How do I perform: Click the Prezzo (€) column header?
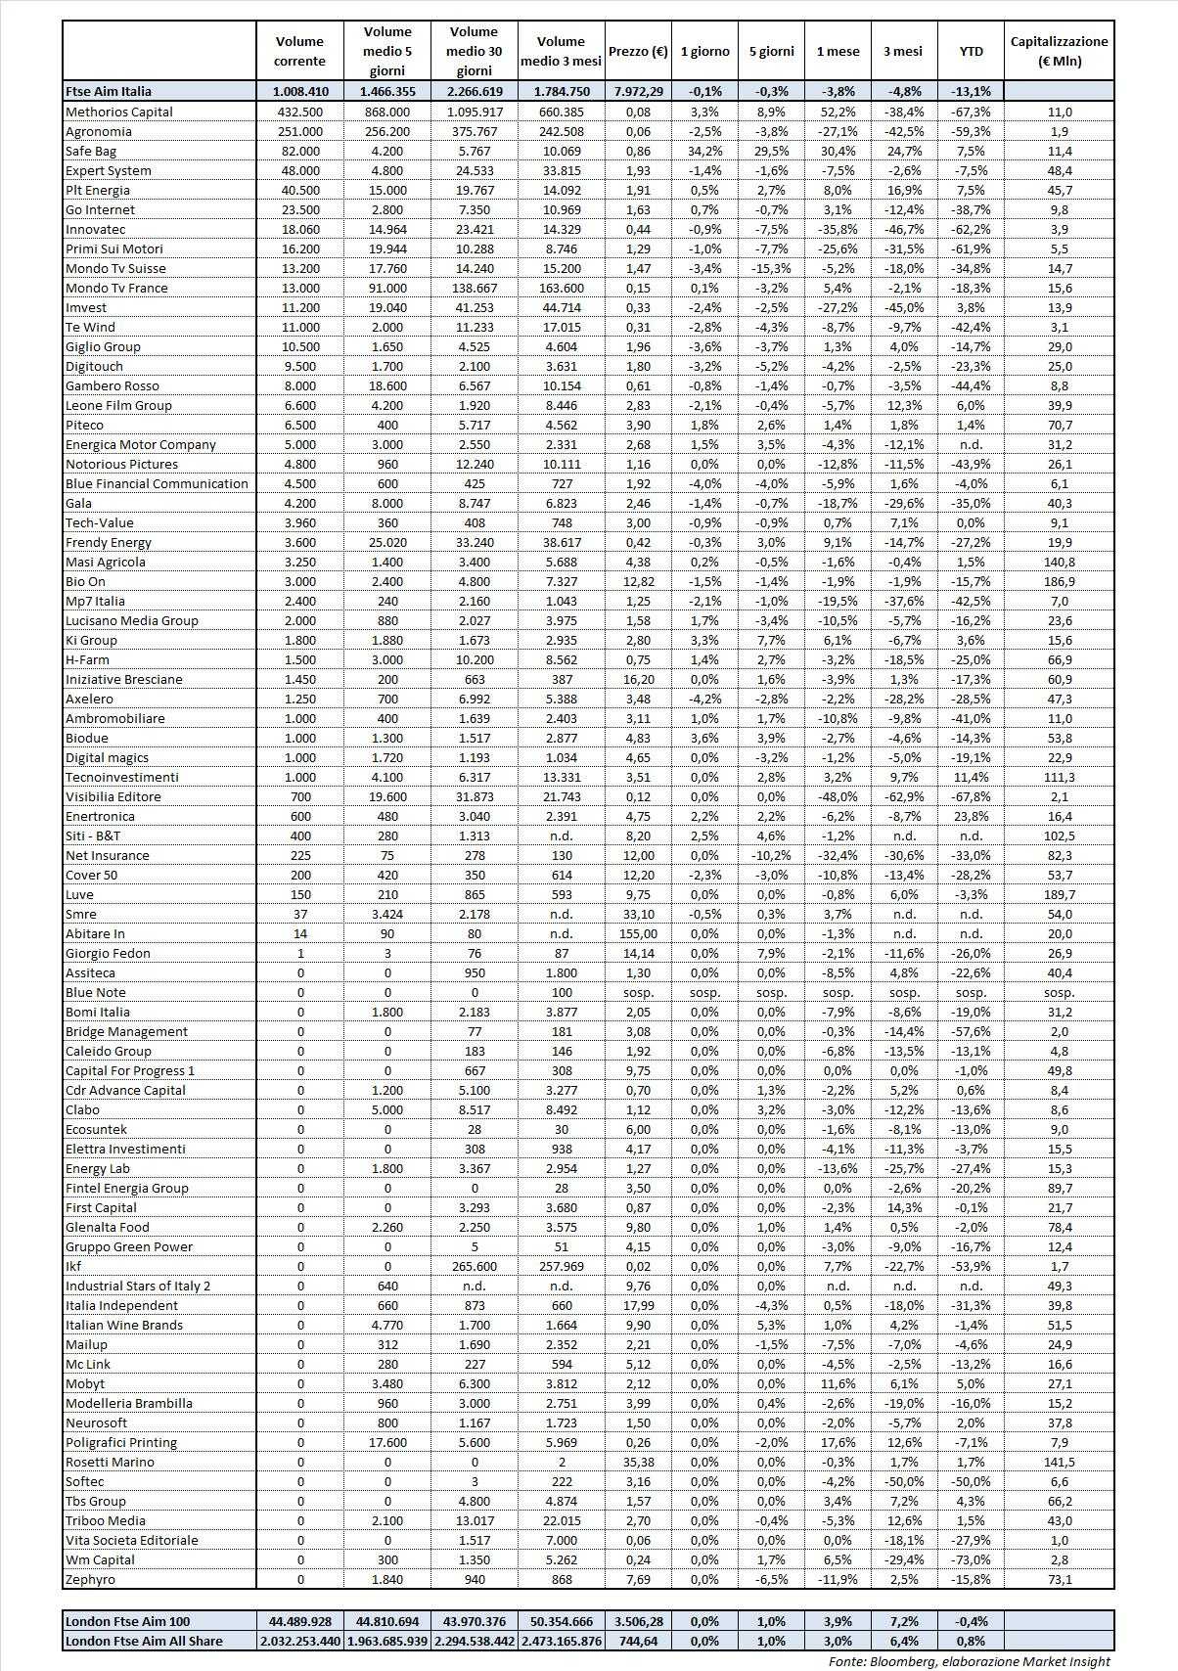[x=638, y=51]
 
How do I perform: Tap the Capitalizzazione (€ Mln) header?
[x=1059, y=51]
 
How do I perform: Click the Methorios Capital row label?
[x=118, y=112]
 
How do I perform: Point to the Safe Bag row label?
[x=91, y=151]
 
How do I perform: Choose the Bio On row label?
[x=85, y=581]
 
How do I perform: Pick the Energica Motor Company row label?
[x=140, y=444]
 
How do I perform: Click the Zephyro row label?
[x=90, y=1579]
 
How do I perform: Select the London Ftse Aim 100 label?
[x=127, y=1621]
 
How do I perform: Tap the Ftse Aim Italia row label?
[x=109, y=91]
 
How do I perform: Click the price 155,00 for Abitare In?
[x=638, y=933]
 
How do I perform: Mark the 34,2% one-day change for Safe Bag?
[x=704, y=151]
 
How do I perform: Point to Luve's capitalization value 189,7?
[x=1059, y=894]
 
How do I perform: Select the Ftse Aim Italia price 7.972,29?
[x=638, y=91]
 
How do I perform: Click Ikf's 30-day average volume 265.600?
[x=474, y=1266]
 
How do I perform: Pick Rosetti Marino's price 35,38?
[x=638, y=1462]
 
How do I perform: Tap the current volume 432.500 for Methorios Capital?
[x=300, y=112]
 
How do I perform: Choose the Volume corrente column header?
[x=300, y=51]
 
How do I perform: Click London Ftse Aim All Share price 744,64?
[x=638, y=1641]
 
